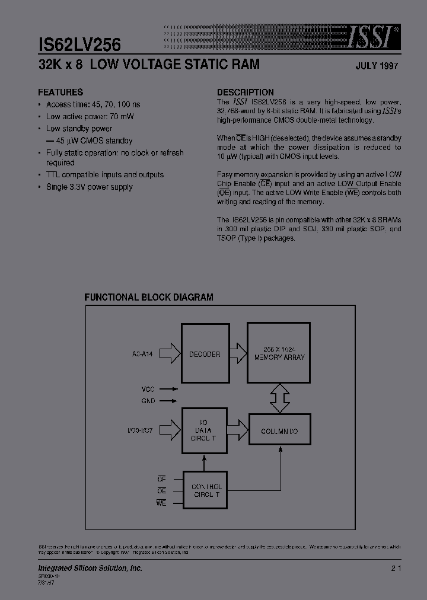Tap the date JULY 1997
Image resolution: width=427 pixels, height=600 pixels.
pyautogui.click(x=377, y=66)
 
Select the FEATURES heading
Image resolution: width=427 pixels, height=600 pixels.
pyautogui.click(x=60, y=92)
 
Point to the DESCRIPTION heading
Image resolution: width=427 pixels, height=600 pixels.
pyautogui.click(x=245, y=92)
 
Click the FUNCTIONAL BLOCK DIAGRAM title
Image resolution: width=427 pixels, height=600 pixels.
pyautogui.click(x=149, y=298)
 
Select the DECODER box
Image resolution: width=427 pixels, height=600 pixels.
pyautogui.click(x=204, y=354)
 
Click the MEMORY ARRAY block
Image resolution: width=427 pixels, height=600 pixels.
pyautogui.click(x=279, y=353)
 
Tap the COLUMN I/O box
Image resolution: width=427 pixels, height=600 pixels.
pyautogui.click(x=279, y=431)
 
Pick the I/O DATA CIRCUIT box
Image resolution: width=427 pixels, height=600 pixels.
pyautogui.click(x=204, y=431)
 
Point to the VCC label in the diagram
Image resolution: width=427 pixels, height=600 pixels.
pyautogui.click(x=148, y=390)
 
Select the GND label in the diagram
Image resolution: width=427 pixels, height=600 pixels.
pyautogui.click(x=148, y=401)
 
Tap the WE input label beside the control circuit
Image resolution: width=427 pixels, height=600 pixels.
pyautogui.click(x=161, y=503)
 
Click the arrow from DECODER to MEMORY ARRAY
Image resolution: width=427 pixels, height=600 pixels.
pyautogui.click(x=237, y=354)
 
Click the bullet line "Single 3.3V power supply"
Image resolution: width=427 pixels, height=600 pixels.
pyautogui.click(x=89, y=187)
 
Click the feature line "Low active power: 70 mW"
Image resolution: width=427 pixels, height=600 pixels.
pyautogui.click(x=90, y=117)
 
